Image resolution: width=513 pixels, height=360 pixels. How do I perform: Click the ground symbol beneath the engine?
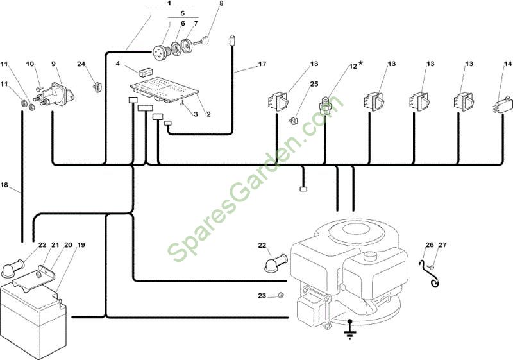[x=350, y=332]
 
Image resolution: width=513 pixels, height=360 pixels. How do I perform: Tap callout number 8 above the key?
[x=221, y=3]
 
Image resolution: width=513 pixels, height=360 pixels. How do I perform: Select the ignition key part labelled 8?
[x=202, y=41]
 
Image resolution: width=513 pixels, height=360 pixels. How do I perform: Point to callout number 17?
[x=262, y=64]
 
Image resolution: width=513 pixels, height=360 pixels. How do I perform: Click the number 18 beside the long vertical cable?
[x=4, y=185]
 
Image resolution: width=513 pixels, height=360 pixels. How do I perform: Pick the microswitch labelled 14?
[x=503, y=105]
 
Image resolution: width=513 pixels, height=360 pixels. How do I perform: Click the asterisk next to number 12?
[x=361, y=63]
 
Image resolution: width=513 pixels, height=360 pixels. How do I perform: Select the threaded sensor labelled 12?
[x=325, y=105]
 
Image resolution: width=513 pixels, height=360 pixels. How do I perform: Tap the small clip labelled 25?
[x=293, y=121]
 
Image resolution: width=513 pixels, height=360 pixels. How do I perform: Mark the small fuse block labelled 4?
[x=146, y=71]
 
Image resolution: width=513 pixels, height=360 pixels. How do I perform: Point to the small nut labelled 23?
[x=280, y=295]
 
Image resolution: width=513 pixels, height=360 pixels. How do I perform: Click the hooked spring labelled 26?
[x=429, y=274]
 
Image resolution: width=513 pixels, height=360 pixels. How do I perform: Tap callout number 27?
[x=442, y=244]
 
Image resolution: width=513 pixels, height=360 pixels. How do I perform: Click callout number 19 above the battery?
[x=81, y=244]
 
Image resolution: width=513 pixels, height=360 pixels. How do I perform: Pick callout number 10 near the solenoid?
[x=29, y=64]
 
